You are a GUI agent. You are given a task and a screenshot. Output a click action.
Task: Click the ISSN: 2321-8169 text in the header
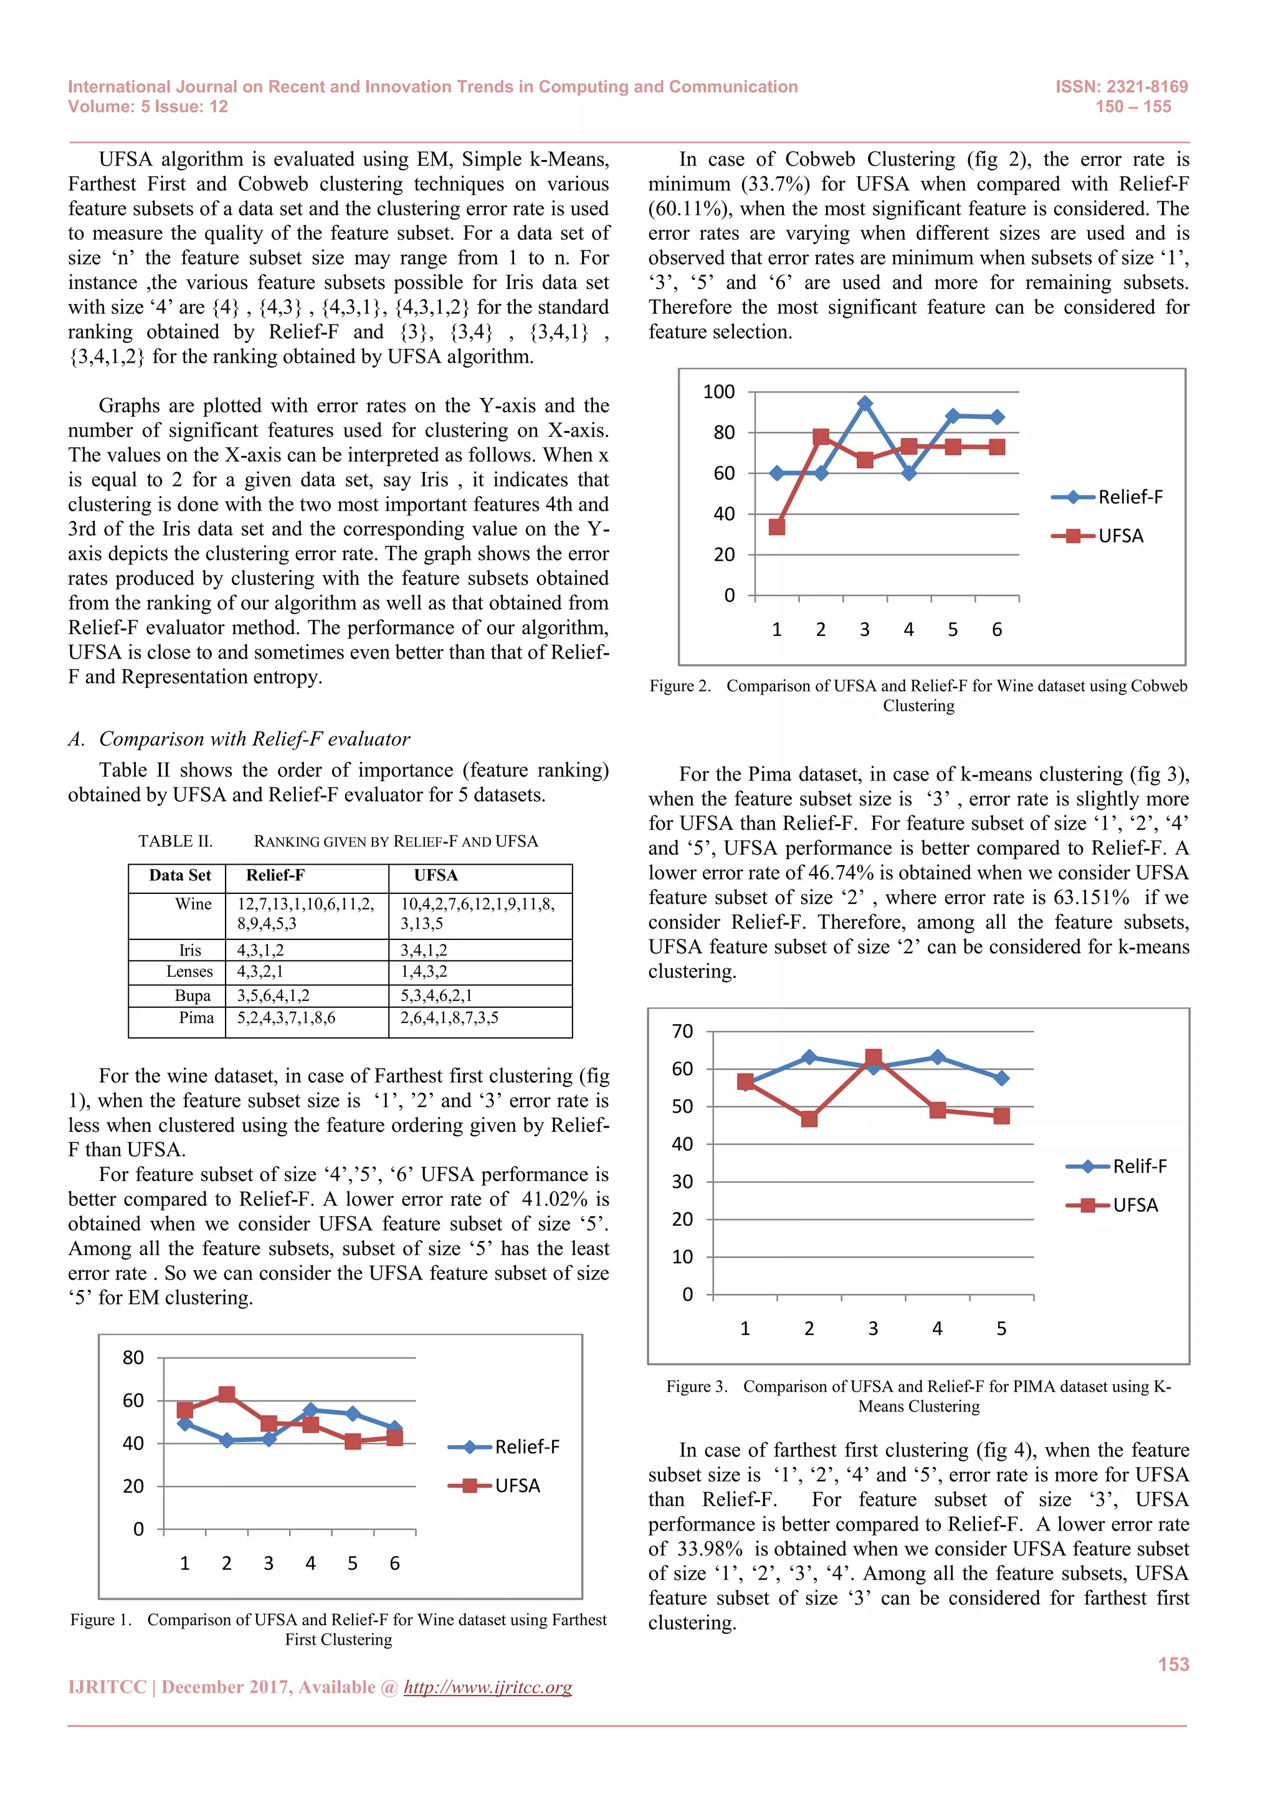point(1121,87)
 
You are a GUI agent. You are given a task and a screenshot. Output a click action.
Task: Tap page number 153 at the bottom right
point(1173,1664)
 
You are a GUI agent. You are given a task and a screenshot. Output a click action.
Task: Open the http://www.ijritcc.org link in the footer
point(487,1688)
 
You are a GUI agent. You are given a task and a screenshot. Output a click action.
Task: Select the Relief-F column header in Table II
point(275,875)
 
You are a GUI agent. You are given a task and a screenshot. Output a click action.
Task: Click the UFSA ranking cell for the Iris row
point(424,950)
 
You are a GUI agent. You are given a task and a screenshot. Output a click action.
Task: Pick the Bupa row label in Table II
point(193,995)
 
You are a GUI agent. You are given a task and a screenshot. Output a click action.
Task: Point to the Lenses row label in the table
point(189,971)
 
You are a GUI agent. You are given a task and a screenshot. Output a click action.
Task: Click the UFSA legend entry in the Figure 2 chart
point(1120,536)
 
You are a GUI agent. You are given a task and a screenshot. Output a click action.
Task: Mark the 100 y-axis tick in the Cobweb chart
point(718,391)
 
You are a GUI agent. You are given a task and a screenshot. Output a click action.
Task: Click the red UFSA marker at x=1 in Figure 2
point(776,526)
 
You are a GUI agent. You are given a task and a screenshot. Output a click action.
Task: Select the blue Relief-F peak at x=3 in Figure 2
point(864,404)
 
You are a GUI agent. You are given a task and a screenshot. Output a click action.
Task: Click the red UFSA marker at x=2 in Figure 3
point(809,1118)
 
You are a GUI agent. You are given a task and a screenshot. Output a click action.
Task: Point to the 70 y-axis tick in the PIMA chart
point(682,1031)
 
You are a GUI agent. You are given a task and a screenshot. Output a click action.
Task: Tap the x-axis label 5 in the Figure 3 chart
point(1001,1329)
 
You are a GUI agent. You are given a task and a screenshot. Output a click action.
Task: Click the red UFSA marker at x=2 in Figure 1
point(226,1395)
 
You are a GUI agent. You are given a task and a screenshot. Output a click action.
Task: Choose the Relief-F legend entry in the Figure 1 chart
point(526,1446)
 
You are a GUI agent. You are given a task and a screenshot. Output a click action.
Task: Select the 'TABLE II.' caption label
point(175,842)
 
